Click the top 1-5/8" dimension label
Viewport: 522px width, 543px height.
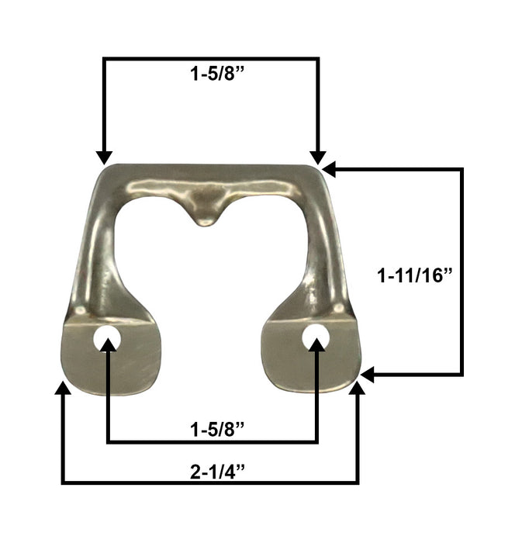[x=217, y=74]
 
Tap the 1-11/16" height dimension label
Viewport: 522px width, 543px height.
[x=415, y=276]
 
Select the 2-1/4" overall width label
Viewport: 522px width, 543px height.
[x=217, y=472]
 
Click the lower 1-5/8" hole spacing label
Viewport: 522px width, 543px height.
[x=217, y=430]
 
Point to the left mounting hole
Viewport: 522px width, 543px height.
[x=106, y=337]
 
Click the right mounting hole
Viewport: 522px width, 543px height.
[x=315, y=337]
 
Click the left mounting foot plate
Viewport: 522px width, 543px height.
[x=112, y=357]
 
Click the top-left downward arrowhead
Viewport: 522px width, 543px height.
[x=104, y=157]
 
